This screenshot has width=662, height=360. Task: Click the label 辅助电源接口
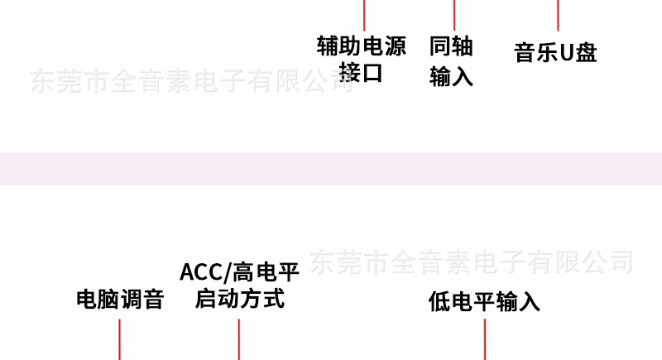(362, 58)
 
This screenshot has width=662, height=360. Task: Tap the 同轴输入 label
(451, 60)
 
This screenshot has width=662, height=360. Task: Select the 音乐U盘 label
(556, 53)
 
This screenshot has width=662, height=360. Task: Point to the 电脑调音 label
(120, 300)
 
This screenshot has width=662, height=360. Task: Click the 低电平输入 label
(484, 301)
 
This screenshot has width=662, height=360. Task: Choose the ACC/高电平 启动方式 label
(239, 285)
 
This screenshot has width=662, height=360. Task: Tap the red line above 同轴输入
(454, 12)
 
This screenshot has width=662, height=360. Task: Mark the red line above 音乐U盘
(558, 14)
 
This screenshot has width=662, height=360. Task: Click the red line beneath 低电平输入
(485, 339)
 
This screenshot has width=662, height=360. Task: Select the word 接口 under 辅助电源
(362, 72)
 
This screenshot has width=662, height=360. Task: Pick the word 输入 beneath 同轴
(451, 76)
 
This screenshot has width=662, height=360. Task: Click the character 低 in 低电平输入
(439, 301)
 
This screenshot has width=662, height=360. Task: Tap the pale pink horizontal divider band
(331, 169)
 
